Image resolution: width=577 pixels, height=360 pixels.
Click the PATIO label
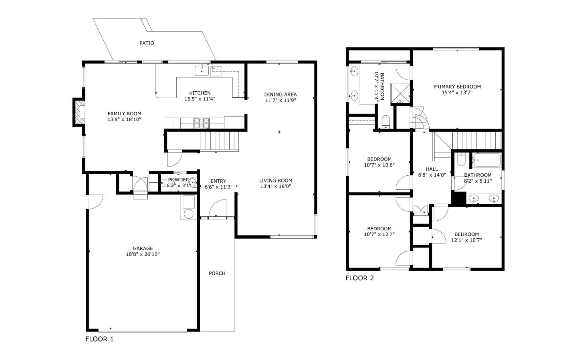[146, 43]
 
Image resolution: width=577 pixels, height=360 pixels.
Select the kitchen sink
[202, 70]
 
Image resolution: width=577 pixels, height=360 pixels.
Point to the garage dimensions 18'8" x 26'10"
[143, 254]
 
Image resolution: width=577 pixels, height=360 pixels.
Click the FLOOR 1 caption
[99, 339]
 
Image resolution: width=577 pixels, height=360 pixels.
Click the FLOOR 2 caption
[359, 278]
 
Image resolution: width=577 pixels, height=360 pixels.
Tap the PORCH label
[217, 273]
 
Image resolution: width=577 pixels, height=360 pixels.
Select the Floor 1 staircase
[220, 141]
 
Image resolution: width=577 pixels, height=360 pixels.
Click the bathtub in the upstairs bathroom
[486, 160]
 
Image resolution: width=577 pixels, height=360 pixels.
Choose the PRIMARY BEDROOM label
[457, 86]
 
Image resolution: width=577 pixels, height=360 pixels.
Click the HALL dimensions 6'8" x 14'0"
[432, 175]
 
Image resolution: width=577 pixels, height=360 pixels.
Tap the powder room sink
[193, 183]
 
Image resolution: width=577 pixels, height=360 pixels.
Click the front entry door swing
[217, 209]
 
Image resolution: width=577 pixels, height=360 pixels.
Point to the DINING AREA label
[280, 95]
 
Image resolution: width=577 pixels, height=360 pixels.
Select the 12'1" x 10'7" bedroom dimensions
[466, 240]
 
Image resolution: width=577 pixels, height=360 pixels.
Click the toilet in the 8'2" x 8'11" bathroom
[461, 159]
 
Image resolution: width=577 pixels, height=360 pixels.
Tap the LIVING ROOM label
[275, 180]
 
